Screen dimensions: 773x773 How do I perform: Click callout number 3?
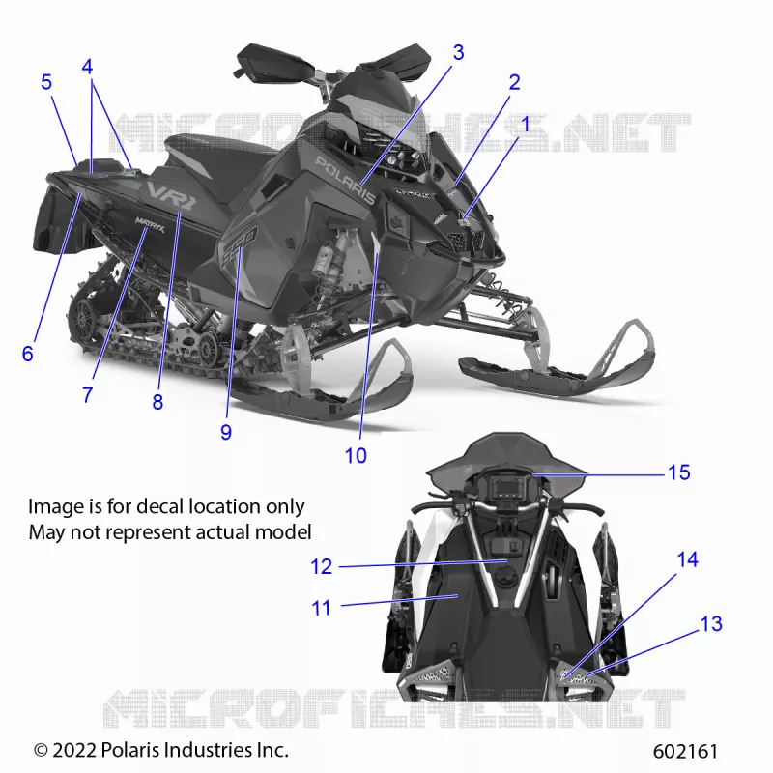pos(458,52)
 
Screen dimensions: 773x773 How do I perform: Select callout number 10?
pos(356,456)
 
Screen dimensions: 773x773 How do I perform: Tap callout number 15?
pos(678,472)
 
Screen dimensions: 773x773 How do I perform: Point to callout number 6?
pos(28,354)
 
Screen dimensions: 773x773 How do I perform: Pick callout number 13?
pos(711,623)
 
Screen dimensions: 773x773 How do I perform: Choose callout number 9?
pos(226,432)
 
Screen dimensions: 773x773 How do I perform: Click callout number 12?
pos(322,566)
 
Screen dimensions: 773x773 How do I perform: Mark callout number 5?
pos(46,82)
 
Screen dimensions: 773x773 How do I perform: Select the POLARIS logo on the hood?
pos(345,180)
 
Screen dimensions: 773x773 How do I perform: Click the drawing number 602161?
pos(685,752)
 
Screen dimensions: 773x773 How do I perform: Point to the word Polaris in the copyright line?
pos(130,750)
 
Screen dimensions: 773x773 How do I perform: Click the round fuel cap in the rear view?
pos(505,575)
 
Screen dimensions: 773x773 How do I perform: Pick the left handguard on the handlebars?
pos(273,63)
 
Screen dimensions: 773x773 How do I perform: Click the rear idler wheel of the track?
pos(82,319)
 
